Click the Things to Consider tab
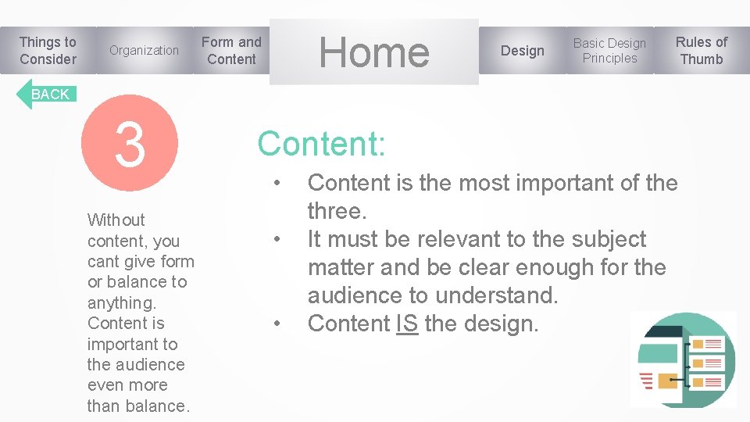click(48, 51)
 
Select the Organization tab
click(144, 51)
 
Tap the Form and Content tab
click(231, 51)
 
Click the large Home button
click(374, 52)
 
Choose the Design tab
click(522, 51)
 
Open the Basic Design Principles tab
click(609, 51)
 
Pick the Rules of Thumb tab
click(701, 51)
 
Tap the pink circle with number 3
click(130, 144)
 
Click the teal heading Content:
click(321, 144)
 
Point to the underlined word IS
click(407, 324)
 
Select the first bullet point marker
click(277, 184)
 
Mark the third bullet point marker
click(277, 324)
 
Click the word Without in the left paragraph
click(116, 220)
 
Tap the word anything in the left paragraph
click(120, 302)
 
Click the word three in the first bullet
click(334, 211)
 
